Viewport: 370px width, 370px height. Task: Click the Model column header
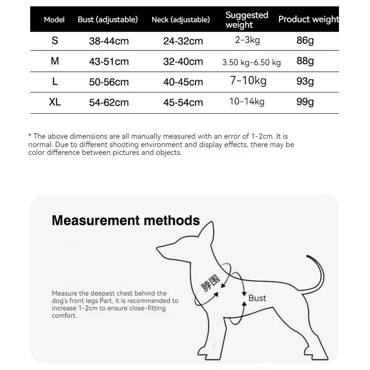[x=54, y=20]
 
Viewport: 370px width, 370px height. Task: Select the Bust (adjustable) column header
[x=108, y=20]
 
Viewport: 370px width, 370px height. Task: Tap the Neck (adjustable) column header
[x=181, y=20]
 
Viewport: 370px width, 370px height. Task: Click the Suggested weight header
[x=247, y=20]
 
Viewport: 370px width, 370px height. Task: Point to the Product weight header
[x=308, y=19]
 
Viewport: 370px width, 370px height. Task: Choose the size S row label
[x=55, y=41]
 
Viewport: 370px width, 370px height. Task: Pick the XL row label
[x=55, y=102]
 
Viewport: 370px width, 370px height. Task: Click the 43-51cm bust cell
[x=109, y=62]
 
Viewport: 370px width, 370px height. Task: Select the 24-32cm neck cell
[x=183, y=41]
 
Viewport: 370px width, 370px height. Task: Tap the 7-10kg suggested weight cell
[x=248, y=81]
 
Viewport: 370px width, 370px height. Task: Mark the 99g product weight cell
[x=305, y=102]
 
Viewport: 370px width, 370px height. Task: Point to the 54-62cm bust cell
[x=109, y=103]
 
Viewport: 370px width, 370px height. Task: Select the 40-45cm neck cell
[x=183, y=82]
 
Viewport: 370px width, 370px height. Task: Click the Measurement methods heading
[x=126, y=220]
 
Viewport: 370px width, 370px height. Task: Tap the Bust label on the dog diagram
[x=257, y=298]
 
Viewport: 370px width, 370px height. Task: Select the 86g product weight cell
[x=305, y=41]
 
